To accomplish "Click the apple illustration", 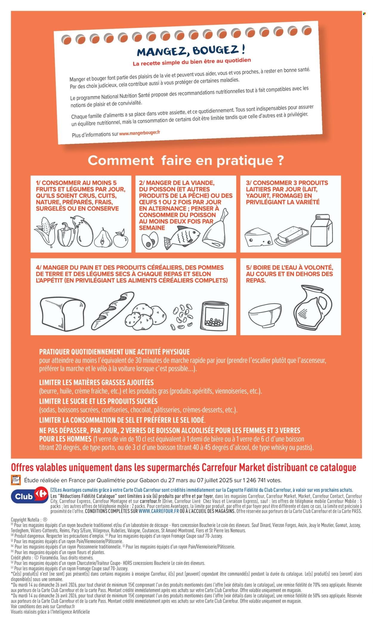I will point(121,238).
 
